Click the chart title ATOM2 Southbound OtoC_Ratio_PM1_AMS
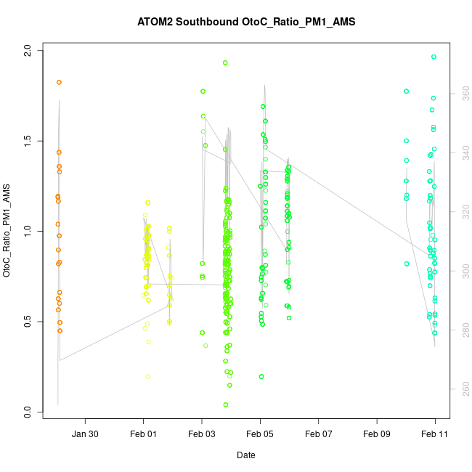click(246, 22)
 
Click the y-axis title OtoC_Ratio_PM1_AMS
click(7, 231)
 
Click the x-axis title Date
click(245, 455)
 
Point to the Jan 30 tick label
click(85, 434)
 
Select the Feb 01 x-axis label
click(143, 434)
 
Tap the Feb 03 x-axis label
click(202, 434)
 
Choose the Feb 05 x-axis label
click(260, 434)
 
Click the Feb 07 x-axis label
click(319, 434)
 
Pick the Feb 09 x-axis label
click(377, 434)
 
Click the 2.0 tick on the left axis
click(28, 50)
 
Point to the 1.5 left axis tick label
click(28, 141)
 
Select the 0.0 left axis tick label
click(28, 412)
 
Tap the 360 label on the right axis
click(463, 93)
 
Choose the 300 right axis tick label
click(463, 271)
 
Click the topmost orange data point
click(59, 82)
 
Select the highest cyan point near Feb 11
click(434, 57)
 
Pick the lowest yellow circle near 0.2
click(147, 376)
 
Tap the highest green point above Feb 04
click(225, 63)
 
